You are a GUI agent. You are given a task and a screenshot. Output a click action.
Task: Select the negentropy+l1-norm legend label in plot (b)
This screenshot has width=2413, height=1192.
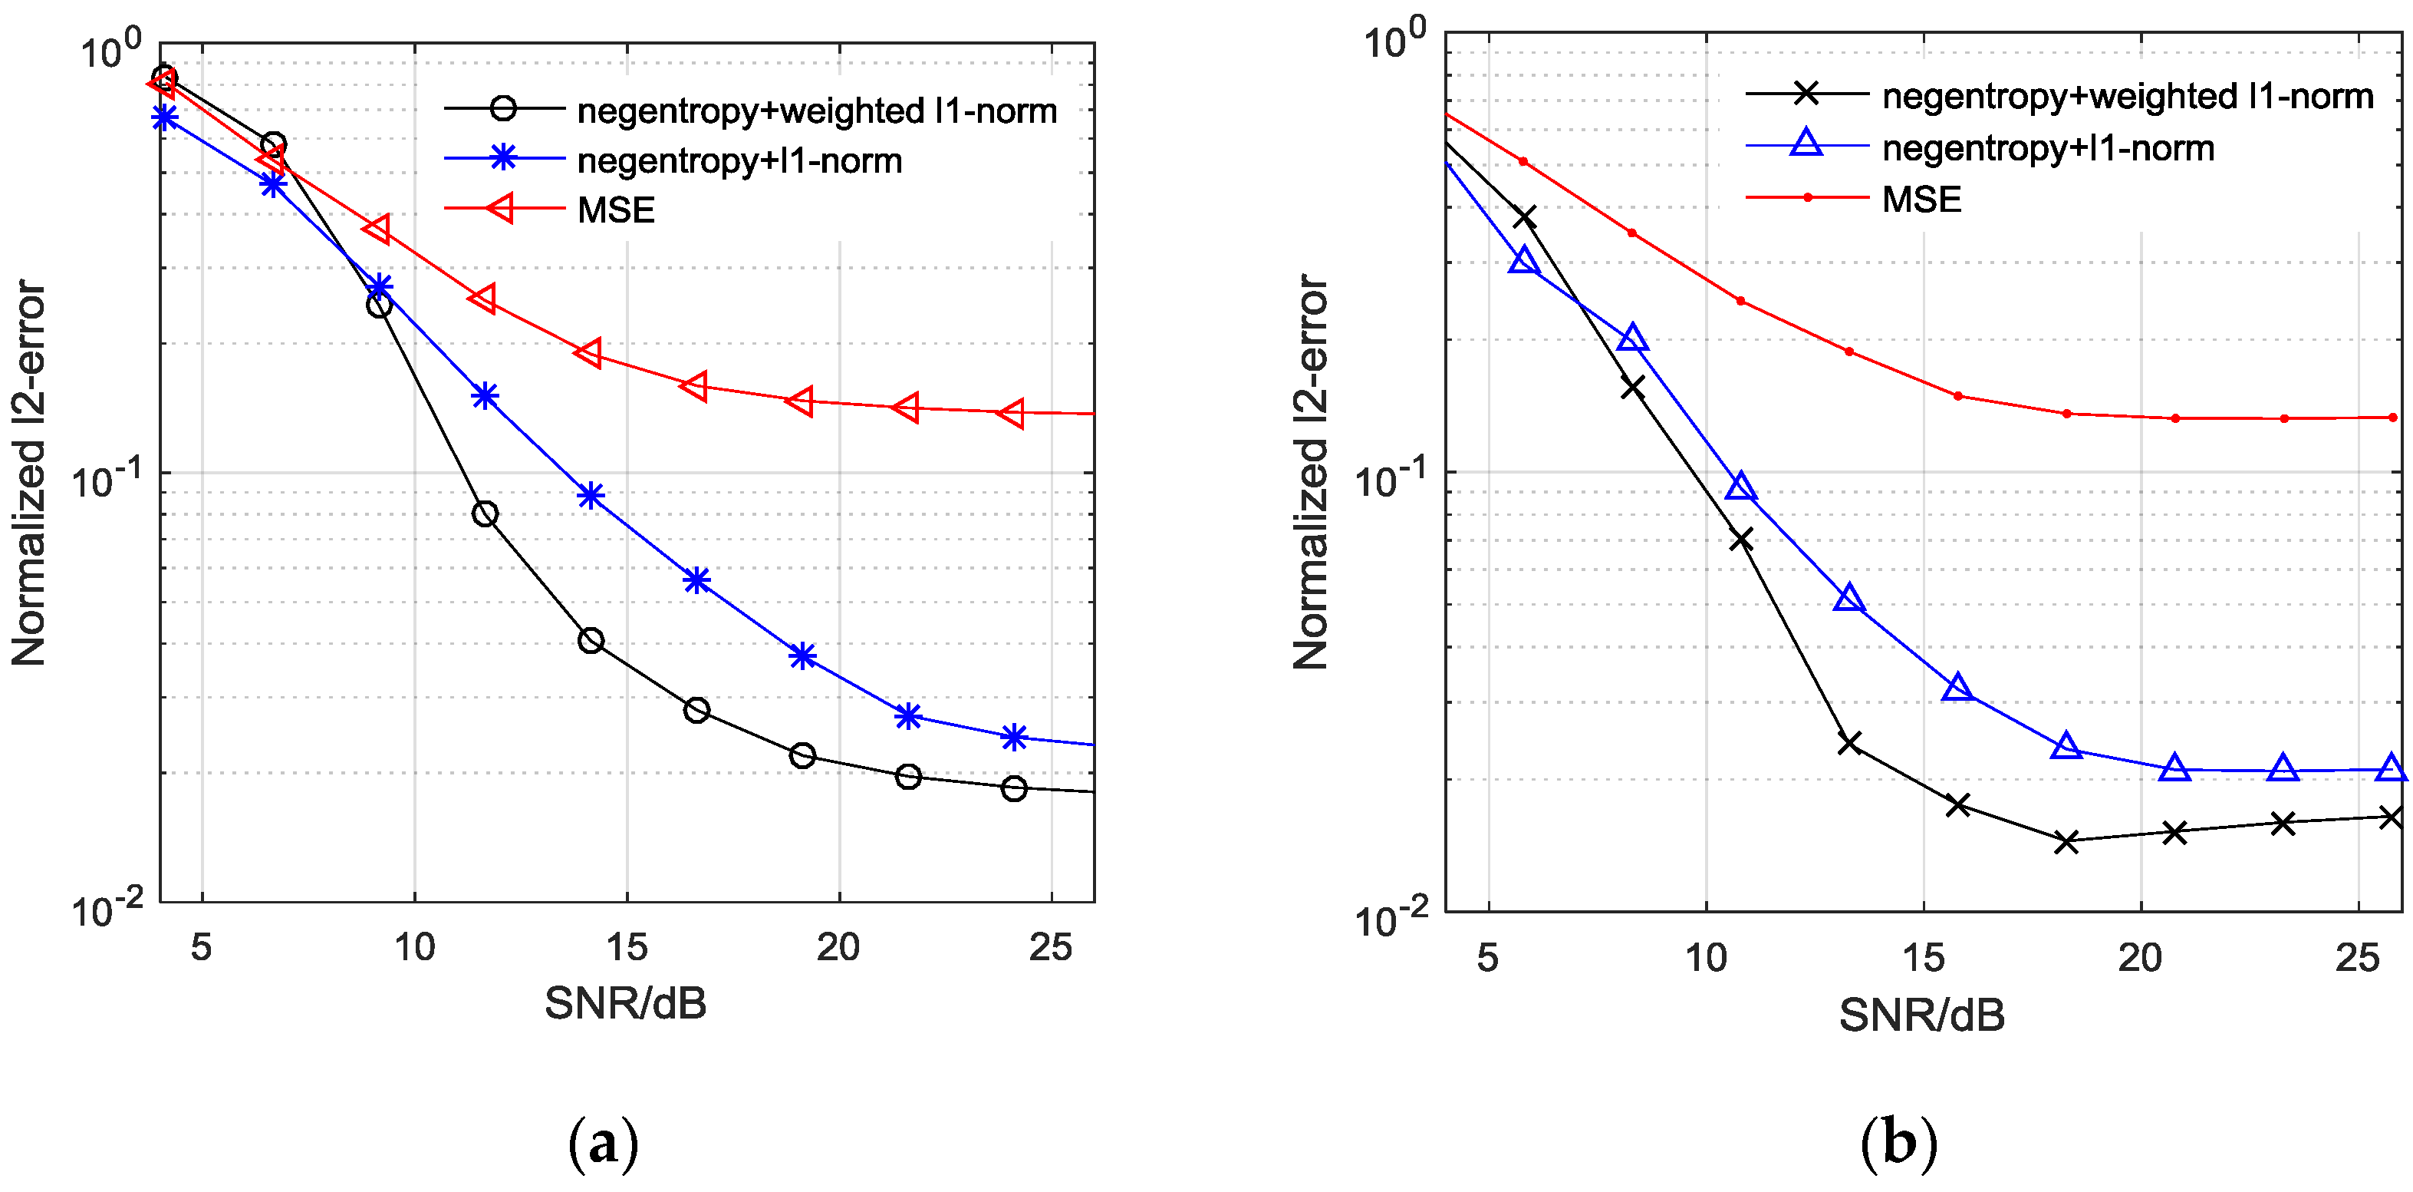point(2048,148)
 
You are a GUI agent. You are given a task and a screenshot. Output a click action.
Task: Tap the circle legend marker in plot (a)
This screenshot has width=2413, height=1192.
point(503,109)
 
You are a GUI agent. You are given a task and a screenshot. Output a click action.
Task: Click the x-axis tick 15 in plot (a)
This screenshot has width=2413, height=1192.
point(626,947)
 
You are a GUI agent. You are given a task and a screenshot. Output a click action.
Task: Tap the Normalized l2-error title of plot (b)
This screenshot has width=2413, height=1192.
point(1312,471)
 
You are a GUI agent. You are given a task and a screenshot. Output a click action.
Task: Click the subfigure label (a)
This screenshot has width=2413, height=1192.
point(603,1144)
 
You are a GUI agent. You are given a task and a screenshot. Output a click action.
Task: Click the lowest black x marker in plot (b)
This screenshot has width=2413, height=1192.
point(2066,841)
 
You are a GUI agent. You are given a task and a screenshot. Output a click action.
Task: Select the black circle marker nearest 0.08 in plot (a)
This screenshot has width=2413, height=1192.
point(484,513)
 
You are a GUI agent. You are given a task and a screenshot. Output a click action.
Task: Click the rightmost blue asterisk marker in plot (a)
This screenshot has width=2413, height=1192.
point(1013,738)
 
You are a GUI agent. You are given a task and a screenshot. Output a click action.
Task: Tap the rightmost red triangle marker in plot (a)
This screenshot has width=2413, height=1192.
point(1012,412)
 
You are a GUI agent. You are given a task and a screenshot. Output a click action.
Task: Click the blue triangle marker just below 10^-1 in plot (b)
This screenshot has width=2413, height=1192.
point(1740,487)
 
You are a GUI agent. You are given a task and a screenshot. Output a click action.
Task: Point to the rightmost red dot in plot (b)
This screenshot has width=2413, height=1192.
point(2392,417)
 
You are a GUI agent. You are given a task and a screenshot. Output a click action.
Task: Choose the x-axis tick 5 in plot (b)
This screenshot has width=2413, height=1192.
point(1487,958)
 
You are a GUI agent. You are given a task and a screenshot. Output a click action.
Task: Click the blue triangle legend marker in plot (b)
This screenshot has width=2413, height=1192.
point(1806,144)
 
